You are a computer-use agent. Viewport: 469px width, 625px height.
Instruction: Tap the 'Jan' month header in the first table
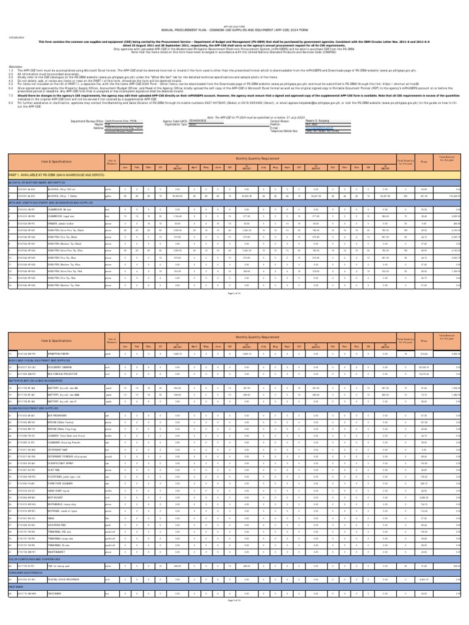[125, 165]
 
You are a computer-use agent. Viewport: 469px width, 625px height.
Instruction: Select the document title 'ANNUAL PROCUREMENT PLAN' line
[234, 31]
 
